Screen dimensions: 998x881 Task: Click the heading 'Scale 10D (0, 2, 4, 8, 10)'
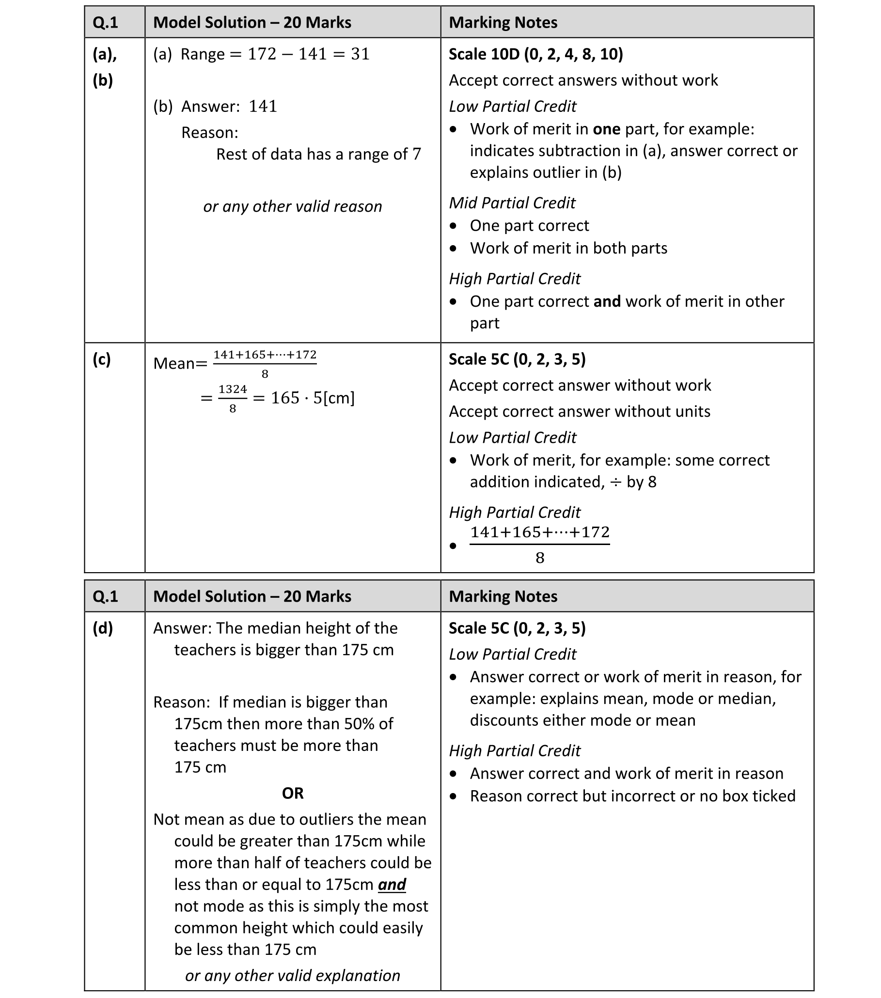pos(535,54)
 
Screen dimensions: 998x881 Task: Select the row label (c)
pos(102,359)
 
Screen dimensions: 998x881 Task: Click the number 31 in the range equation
pos(360,54)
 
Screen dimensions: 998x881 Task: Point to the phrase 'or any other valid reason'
pos(292,206)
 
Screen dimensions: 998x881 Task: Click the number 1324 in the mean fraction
pos(233,389)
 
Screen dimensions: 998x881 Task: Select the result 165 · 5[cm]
pos(313,398)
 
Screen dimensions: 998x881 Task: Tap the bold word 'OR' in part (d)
pos(293,793)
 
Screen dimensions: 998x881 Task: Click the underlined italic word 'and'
pos(392,884)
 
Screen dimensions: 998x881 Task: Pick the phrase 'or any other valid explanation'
pos(292,975)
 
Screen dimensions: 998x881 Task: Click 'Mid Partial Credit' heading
pos(512,203)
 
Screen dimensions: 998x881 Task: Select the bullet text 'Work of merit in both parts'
pos(568,248)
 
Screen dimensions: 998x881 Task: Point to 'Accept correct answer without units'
pos(579,411)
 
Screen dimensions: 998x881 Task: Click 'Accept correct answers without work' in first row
pos(583,80)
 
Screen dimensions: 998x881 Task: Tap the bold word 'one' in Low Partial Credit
pos(606,129)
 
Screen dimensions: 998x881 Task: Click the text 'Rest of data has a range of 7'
pos(318,154)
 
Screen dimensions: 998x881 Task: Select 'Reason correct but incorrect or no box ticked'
pos(632,796)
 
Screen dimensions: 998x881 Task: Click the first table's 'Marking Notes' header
pos(503,22)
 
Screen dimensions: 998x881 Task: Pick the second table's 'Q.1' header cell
pos(106,596)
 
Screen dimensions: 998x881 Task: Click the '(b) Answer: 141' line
pos(215,107)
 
